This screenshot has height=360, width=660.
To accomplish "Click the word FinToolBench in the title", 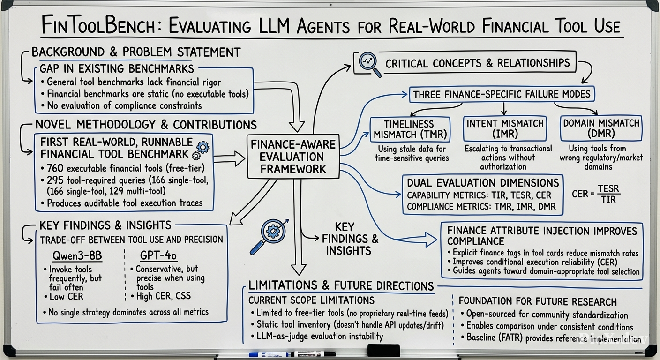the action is pyautogui.click(x=98, y=25).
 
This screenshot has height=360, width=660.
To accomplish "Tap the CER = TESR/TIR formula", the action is pyautogui.click(x=596, y=194).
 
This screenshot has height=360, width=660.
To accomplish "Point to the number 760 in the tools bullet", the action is pyautogui.click(x=55, y=168).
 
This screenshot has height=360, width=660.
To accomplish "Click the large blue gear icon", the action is pyautogui.click(x=202, y=147).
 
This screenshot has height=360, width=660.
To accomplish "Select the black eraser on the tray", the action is pyautogui.click(x=383, y=351).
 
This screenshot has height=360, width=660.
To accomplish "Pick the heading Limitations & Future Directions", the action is pyautogui.click(x=341, y=286).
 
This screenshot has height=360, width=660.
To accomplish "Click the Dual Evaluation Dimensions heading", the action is pyautogui.click(x=483, y=183).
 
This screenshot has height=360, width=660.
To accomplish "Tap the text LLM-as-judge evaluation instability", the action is pyautogui.click(x=320, y=337).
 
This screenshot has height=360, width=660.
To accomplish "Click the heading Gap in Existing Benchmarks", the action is pyautogui.click(x=117, y=68).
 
